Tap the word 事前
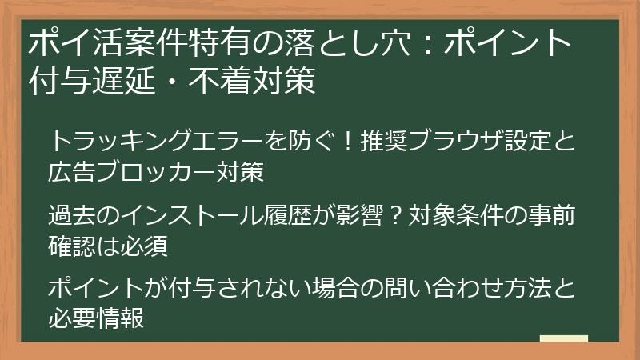click(x=551, y=216)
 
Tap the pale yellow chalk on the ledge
click(x=563, y=338)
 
